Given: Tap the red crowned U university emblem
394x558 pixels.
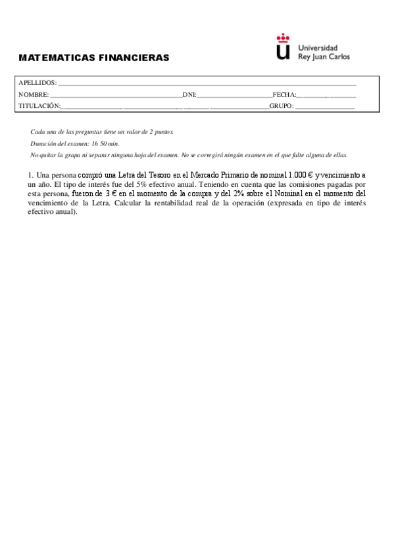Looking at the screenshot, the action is [x=283, y=47].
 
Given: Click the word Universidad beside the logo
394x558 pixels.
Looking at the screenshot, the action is [x=318, y=48].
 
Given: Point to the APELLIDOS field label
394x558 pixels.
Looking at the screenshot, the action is [x=37, y=83].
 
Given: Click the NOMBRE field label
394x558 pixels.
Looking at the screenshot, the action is [x=34, y=94].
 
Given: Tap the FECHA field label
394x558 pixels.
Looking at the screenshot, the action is [x=284, y=94].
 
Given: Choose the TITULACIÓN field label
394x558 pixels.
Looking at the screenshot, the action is [x=39, y=105].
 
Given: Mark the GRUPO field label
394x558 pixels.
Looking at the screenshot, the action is [x=281, y=105].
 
